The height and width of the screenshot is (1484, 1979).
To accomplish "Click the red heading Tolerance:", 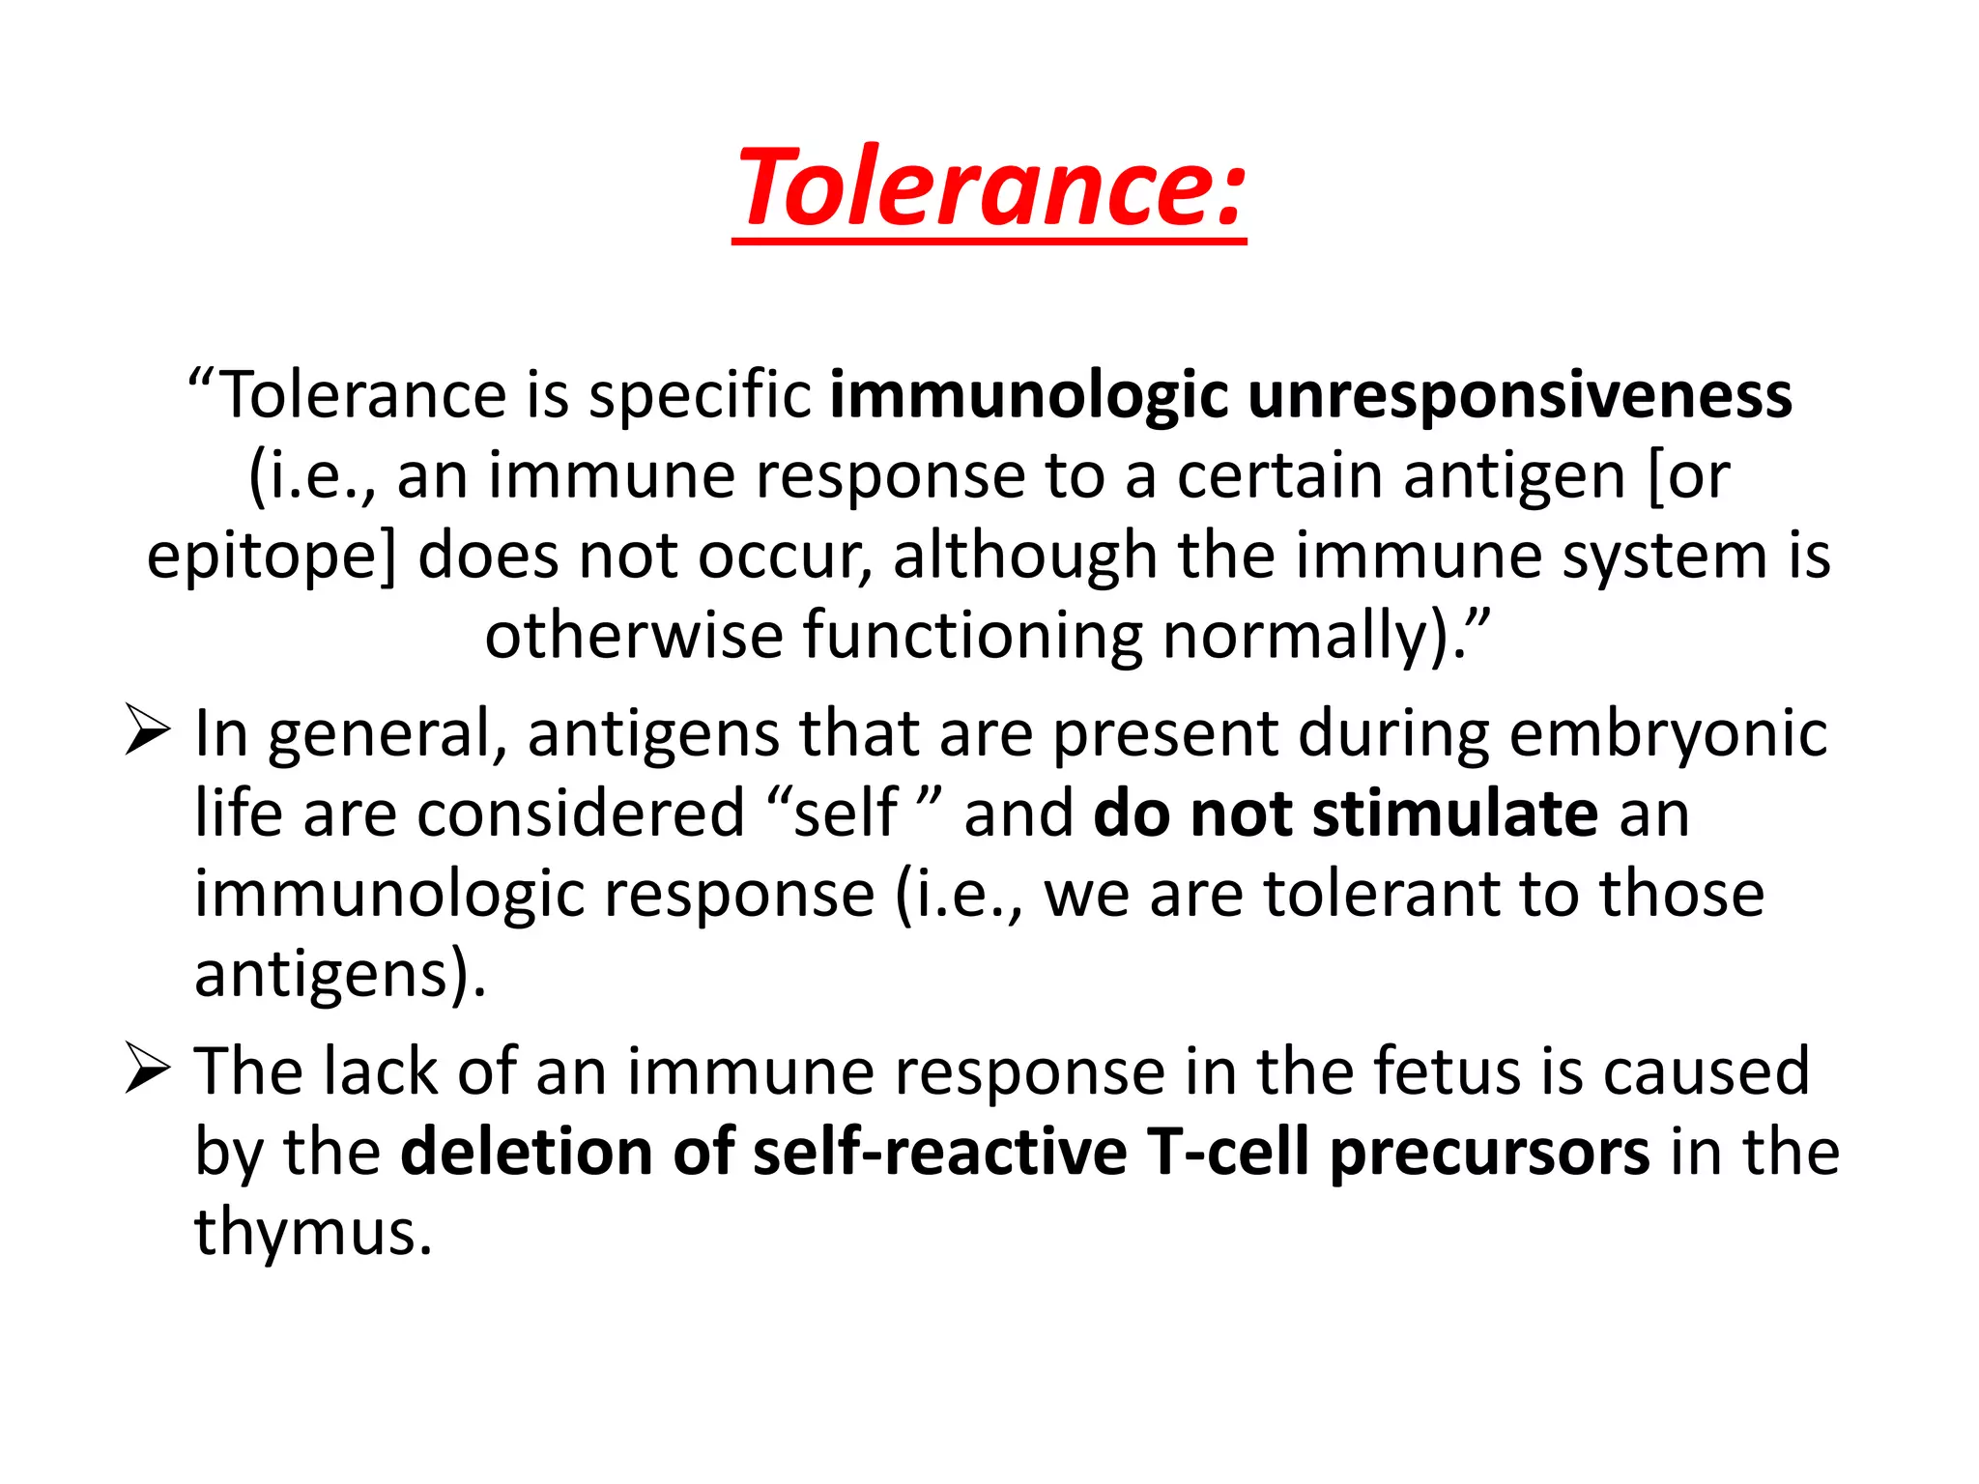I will point(989,188).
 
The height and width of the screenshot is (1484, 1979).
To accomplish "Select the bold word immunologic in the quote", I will point(1029,396).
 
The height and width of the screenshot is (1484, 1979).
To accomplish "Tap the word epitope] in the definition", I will point(272,558).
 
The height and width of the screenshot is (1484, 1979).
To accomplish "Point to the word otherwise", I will point(633,636).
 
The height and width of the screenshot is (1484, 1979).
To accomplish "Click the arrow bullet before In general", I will point(147,732).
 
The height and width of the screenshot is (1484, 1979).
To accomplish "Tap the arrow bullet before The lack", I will point(147,1070).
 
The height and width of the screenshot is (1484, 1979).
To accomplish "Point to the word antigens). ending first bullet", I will point(338,974).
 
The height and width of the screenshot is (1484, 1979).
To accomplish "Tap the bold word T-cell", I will point(1227,1153).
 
